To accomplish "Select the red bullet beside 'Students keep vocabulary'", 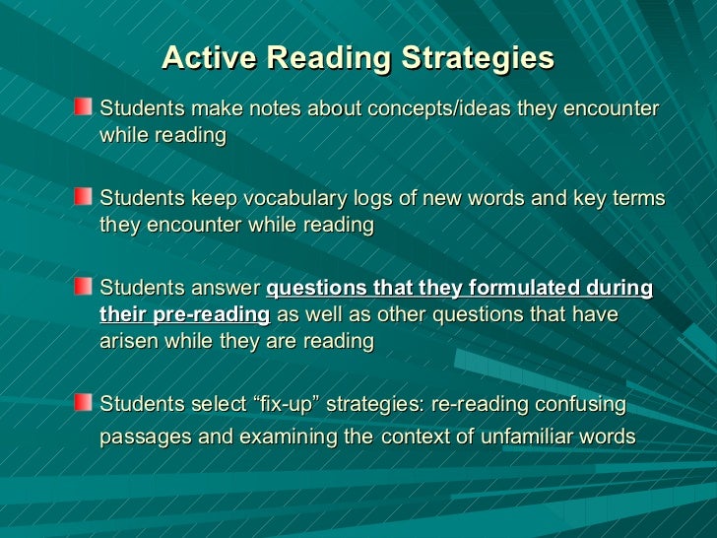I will pos(85,196).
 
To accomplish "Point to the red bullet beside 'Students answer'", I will pos(85,286).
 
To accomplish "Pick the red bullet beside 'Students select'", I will pos(85,403).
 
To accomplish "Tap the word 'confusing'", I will pos(581,405).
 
